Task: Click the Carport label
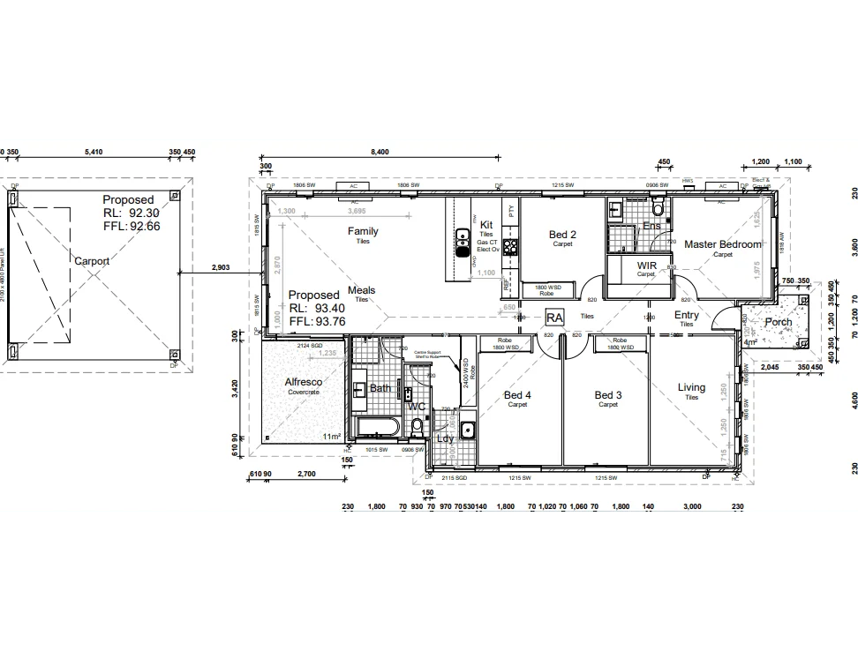click(92, 261)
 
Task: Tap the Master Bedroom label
click(722, 244)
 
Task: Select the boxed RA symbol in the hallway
click(554, 317)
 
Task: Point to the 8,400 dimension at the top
click(379, 152)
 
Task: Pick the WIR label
click(646, 265)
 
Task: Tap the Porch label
click(778, 322)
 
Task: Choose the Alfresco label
click(303, 382)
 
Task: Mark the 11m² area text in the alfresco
click(331, 437)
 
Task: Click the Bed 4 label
click(517, 395)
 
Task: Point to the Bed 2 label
click(562, 235)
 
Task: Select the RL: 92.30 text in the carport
click(131, 213)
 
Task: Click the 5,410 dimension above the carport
click(94, 152)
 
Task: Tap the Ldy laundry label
click(445, 438)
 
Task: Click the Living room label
click(691, 387)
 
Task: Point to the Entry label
click(686, 315)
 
